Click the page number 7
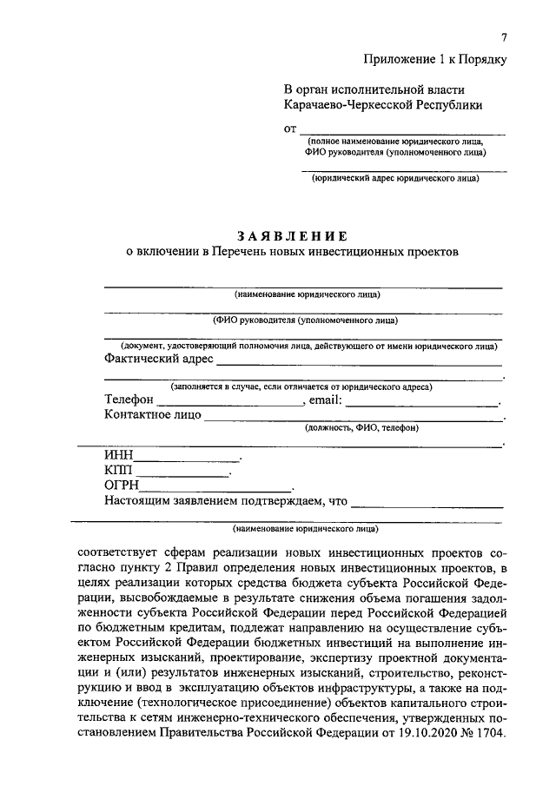coord(503,36)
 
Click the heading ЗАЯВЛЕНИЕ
coord(292,235)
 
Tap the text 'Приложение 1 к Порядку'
coord(434,59)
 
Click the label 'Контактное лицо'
coord(152,415)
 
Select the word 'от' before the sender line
coord(290,130)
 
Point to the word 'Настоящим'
coord(135,502)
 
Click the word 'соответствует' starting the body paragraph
coord(119,552)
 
